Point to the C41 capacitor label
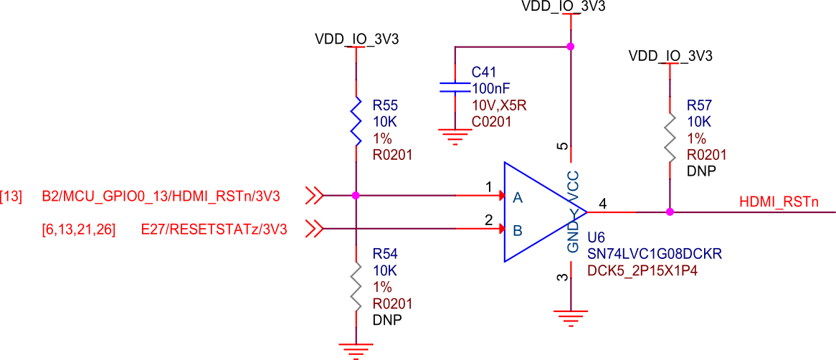[x=483, y=72]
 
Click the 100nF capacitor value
[x=491, y=89]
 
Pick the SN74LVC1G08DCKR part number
[x=654, y=255]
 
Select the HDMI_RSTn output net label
[x=778, y=203]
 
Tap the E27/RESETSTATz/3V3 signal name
[x=214, y=229]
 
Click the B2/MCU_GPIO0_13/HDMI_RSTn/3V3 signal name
[x=161, y=195]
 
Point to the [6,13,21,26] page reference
[x=79, y=229]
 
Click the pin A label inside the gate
[x=517, y=196]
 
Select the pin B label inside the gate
[x=517, y=231]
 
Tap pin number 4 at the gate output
[x=603, y=204]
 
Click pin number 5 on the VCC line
[x=564, y=147]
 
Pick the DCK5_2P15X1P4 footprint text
[x=642, y=271]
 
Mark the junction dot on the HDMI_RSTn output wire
[x=670, y=212]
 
